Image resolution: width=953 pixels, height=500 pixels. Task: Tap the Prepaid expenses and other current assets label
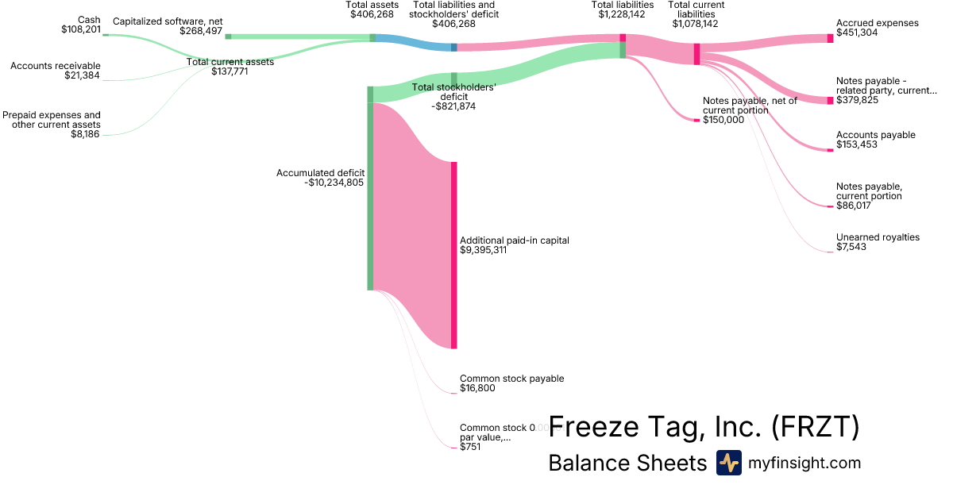52,125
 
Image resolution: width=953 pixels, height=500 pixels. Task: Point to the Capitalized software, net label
168,26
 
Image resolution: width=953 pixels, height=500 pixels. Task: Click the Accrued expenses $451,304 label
877,29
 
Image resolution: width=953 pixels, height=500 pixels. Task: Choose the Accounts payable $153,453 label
875,140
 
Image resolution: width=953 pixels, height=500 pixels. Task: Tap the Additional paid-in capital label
515,245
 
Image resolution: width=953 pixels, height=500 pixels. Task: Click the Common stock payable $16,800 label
511,383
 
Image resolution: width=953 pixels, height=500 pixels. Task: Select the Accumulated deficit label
320,178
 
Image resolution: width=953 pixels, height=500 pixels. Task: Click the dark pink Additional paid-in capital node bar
454,254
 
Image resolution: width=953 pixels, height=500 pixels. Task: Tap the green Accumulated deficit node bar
370,190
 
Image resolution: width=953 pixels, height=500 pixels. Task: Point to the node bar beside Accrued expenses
830,38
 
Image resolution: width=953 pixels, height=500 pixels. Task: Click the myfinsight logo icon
728,463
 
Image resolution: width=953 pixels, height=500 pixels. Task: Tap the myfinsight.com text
804,463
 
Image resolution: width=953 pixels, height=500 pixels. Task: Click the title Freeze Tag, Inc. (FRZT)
704,427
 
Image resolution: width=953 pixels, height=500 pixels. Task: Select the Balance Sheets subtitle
627,463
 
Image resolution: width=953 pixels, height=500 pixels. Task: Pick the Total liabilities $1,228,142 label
623,10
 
